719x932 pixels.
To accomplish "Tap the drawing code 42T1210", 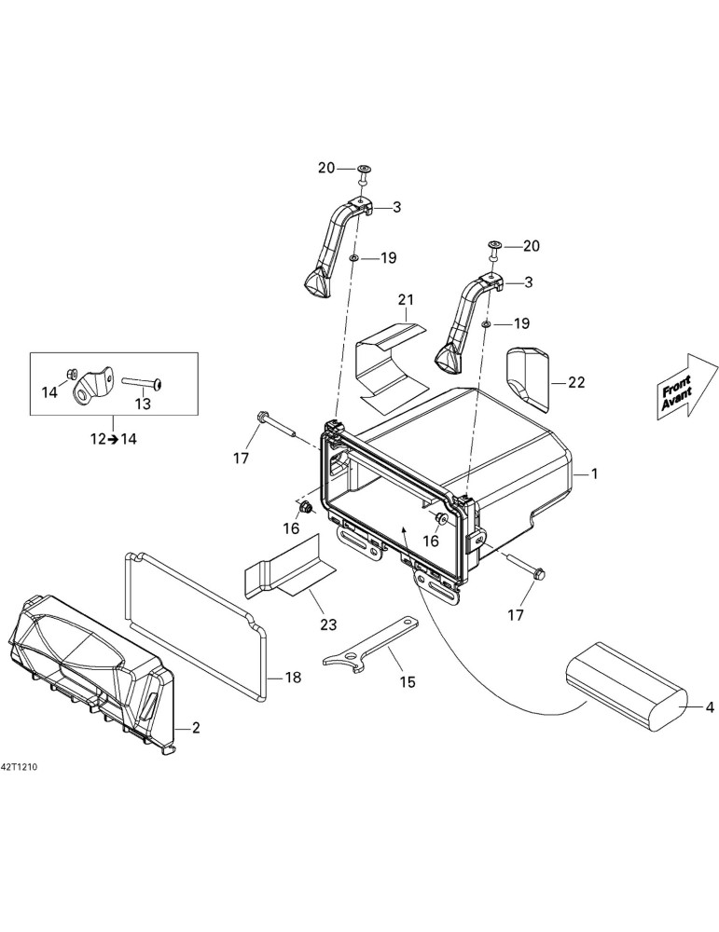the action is click(19, 767).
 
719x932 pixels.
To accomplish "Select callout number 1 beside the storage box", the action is click(593, 473).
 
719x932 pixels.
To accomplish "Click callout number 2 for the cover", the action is click(195, 727).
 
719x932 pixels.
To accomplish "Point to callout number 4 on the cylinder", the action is click(709, 708).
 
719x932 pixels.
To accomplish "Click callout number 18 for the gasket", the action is click(293, 677).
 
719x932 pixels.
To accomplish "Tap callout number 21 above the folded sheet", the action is click(406, 299).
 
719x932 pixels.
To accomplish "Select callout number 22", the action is click(576, 382).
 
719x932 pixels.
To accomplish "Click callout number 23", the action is click(328, 624).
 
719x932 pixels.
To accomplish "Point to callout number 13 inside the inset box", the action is click(143, 404).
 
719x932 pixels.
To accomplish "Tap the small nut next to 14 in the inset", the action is click(71, 374).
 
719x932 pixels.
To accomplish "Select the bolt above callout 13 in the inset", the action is click(144, 384).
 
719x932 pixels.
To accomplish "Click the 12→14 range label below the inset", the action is click(113, 439).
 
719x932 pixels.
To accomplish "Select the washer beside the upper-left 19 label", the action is click(353, 258).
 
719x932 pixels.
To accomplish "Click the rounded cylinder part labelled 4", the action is click(626, 687).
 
